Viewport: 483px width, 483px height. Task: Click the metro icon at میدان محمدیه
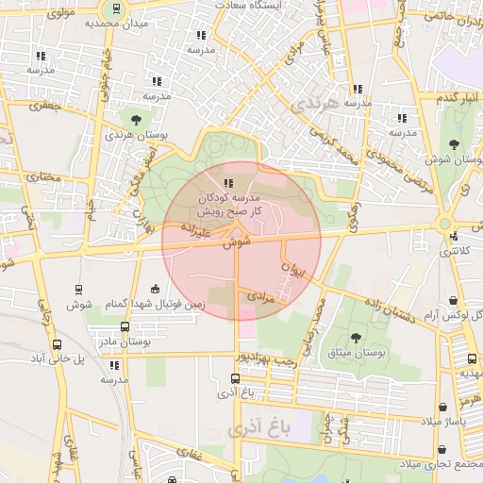pos(115,8)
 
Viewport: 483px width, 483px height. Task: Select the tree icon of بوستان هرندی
pos(137,120)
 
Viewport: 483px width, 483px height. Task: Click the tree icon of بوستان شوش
pos(455,144)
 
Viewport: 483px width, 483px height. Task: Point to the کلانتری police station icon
pos(455,237)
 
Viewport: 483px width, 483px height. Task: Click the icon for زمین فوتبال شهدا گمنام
pos(156,288)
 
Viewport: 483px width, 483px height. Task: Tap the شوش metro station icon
pos(75,290)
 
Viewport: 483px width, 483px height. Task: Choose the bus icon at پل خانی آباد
pos(58,344)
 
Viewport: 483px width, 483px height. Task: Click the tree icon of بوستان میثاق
pos(356,337)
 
